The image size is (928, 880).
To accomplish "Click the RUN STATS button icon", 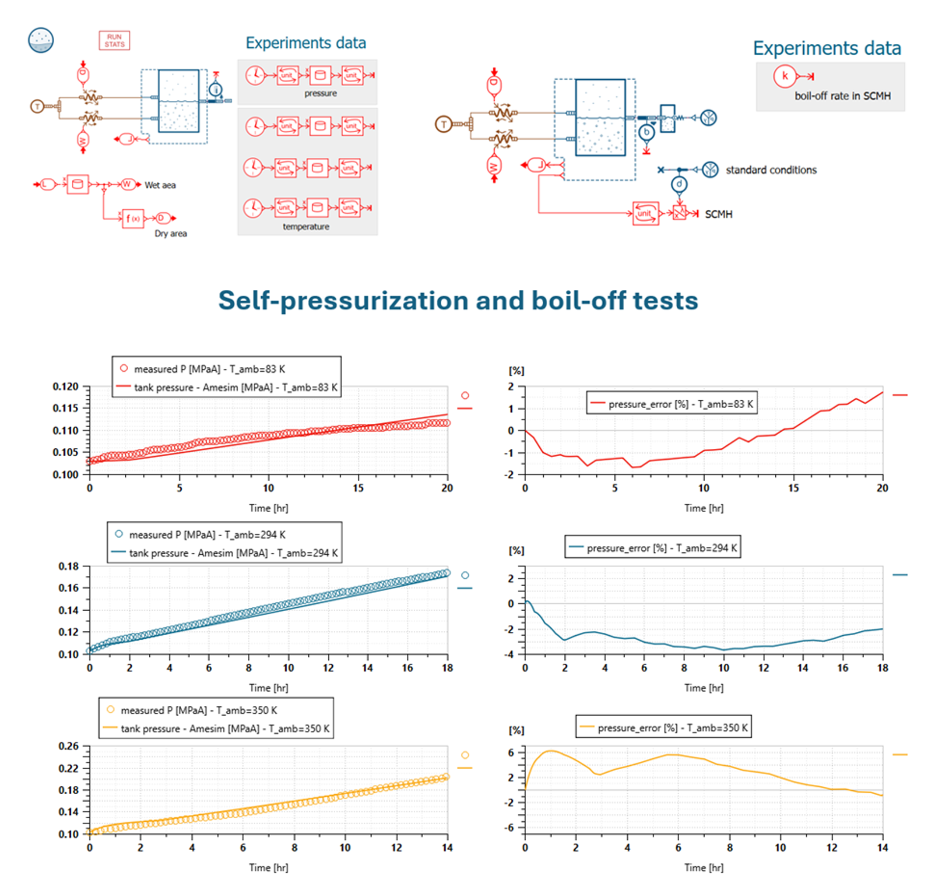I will pyautogui.click(x=114, y=41).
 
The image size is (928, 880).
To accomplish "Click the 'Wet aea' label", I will pyautogui.click(x=160, y=185).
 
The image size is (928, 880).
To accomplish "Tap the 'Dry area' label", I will pyautogui.click(x=171, y=234).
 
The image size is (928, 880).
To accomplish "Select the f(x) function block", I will pyautogui.click(x=133, y=218).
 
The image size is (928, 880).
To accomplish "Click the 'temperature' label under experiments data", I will pyautogui.click(x=306, y=227).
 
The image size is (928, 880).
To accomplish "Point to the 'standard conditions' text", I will pyautogui.click(x=771, y=170).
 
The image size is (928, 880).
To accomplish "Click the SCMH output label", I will pyautogui.click(x=718, y=215).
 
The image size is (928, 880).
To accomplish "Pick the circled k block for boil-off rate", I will pyautogui.click(x=784, y=76).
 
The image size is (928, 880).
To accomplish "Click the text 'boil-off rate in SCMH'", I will pyautogui.click(x=842, y=96).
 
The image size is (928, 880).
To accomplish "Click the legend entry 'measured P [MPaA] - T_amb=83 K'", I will pyautogui.click(x=209, y=369).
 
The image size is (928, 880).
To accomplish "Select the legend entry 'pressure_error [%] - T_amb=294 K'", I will pyautogui.click(x=661, y=548).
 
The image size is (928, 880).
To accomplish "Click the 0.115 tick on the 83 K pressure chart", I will pyautogui.click(x=65, y=408).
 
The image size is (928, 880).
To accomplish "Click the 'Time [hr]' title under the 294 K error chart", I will pyautogui.click(x=703, y=688).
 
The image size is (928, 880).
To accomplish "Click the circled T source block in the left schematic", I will pyautogui.click(x=37, y=106).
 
